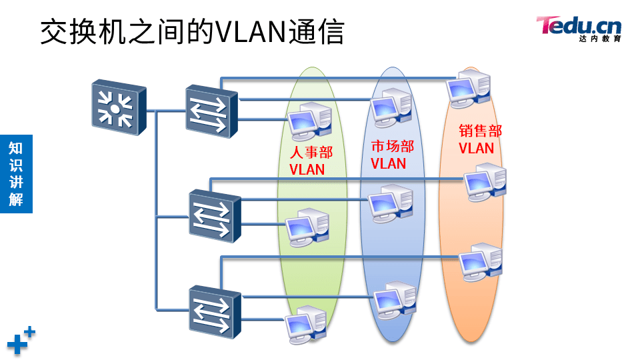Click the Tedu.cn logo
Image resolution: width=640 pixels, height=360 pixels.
(579, 28)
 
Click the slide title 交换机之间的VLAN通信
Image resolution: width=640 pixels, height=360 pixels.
(192, 31)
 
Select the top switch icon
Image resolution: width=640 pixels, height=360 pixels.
(211, 111)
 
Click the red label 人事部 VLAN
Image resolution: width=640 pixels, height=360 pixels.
(311, 161)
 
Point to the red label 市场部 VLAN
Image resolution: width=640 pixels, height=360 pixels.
(391, 155)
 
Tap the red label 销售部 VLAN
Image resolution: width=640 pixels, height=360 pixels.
(480, 139)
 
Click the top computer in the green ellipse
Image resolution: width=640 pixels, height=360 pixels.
(309, 121)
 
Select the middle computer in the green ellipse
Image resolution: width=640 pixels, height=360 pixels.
(307, 226)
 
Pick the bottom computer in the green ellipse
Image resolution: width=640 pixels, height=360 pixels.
(307, 323)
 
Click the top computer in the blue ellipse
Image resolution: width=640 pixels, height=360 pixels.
(391, 109)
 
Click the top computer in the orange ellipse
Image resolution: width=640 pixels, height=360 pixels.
(470, 87)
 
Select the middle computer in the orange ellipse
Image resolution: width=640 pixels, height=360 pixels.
(485, 181)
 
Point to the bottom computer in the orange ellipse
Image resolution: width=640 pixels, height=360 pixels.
(480, 262)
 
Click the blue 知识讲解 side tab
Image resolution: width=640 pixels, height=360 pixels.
(16, 174)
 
